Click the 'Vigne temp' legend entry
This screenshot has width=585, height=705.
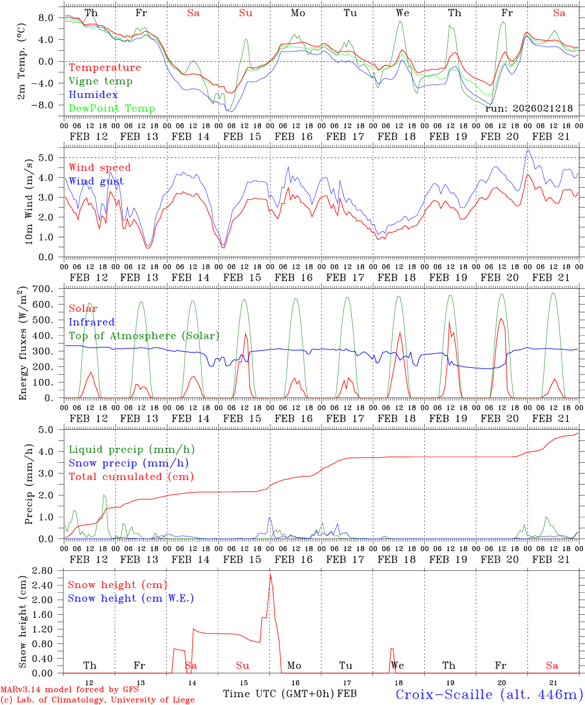[100, 81]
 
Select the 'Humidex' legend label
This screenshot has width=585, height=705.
[93, 95]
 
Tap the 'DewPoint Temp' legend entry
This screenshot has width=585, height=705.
[112, 109]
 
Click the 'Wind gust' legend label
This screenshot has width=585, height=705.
[96, 182]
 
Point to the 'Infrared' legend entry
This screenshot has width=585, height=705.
[92, 322]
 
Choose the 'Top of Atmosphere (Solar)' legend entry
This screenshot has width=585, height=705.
[144, 336]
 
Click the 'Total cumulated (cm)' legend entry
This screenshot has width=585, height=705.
[131, 477]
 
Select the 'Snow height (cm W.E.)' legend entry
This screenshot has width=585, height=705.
[131, 598]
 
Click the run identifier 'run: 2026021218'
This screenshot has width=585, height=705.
[529, 108]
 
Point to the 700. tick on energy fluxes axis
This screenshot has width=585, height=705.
[49, 289]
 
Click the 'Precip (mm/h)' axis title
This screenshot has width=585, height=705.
[29, 484]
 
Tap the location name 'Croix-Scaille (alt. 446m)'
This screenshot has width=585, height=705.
[489, 694]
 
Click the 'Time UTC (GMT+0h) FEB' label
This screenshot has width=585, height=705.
[290, 694]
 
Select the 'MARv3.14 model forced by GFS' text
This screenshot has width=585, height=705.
[70, 690]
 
